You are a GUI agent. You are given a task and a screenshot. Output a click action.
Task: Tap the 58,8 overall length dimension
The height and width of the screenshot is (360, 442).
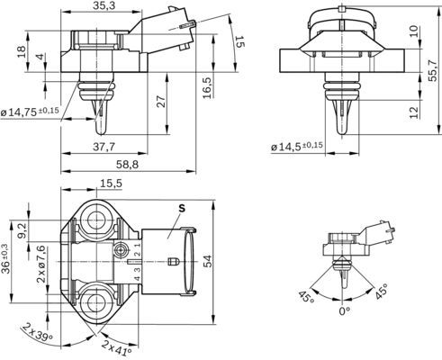pyautogui.click(x=128, y=165)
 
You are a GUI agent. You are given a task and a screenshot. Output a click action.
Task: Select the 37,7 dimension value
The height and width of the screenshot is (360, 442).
pyautogui.click(x=104, y=147)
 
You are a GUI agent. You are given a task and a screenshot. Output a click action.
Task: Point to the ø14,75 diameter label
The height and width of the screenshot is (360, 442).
pyautogui.click(x=30, y=112)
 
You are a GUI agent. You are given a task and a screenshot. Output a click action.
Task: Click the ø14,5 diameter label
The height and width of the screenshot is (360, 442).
pyautogui.click(x=297, y=147)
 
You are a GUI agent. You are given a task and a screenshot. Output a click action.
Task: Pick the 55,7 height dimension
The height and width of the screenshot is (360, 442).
pyautogui.click(x=432, y=70)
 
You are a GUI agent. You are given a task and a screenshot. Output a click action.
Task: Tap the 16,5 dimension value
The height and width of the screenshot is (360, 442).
pyautogui.click(x=208, y=88)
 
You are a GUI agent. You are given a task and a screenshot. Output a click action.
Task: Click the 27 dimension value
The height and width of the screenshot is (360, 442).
pyautogui.click(x=161, y=102)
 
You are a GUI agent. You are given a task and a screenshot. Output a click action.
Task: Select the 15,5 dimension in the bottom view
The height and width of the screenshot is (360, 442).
pyautogui.click(x=111, y=184)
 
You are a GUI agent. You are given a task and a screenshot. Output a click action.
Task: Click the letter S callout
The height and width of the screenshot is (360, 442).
pyautogui.click(x=182, y=208)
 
